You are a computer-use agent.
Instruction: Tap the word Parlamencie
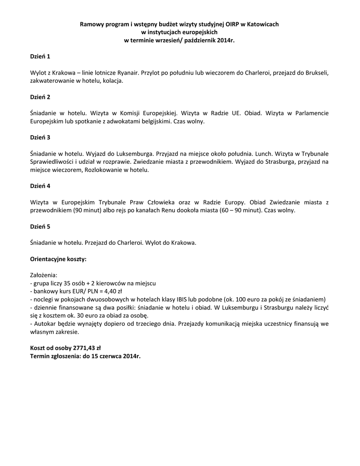point(309,113)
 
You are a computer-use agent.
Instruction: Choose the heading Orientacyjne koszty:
point(58,258)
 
